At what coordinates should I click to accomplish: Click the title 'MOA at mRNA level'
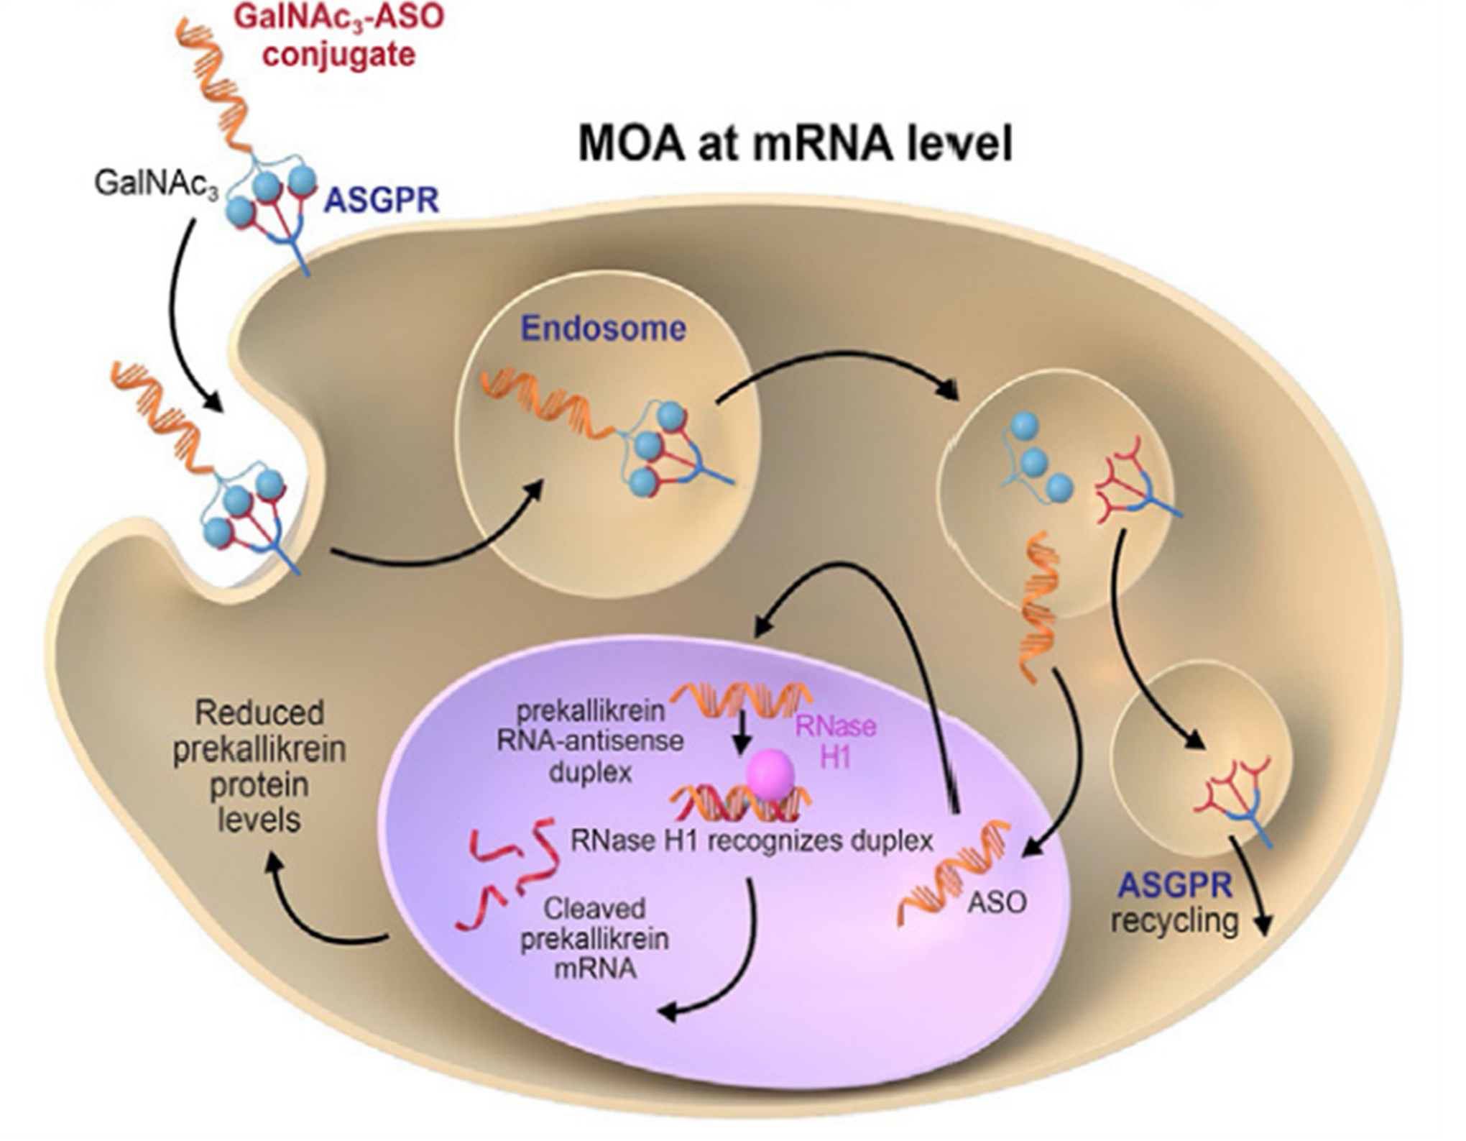point(796,145)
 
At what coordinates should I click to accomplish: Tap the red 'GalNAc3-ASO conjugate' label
point(339,35)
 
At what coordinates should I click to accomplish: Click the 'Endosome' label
point(603,329)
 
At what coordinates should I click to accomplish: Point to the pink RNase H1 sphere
point(770,774)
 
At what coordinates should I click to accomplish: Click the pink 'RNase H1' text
point(836,741)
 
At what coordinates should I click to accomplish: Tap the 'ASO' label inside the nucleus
point(997,902)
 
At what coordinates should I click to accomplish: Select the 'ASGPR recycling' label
point(1175,903)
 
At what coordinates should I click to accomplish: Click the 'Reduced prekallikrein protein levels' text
point(259,766)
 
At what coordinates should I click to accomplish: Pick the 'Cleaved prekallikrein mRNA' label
point(594,938)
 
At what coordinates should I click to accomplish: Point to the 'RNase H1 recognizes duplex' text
point(752,840)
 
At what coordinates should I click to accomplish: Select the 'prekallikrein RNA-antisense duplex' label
point(590,742)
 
